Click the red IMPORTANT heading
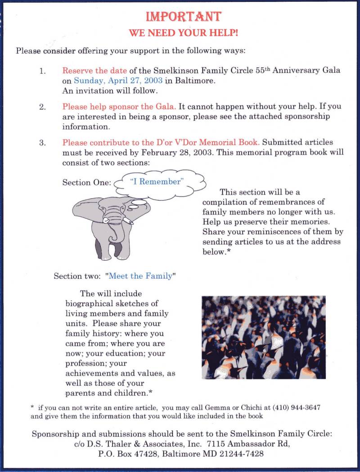point(183,17)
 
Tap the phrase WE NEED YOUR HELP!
point(183,33)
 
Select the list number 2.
point(43,107)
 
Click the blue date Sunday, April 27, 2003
point(118,81)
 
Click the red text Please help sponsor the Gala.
point(119,107)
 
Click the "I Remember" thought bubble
point(156,182)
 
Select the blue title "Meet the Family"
point(140,276)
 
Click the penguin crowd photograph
point(264,337)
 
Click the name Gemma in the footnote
point(218,407)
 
